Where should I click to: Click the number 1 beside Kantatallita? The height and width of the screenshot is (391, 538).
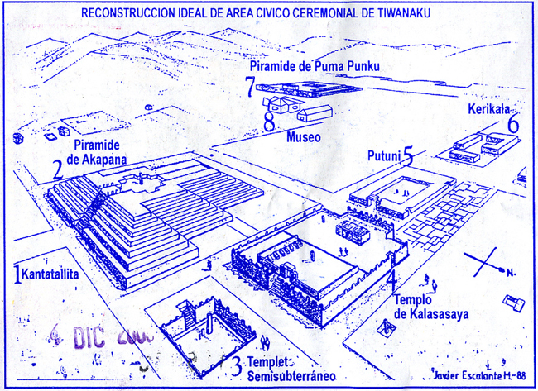click(17, 272)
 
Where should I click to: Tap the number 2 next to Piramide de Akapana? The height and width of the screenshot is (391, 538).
click(56, 169)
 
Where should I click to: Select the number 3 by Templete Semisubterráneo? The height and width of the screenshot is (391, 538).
click(236, 365)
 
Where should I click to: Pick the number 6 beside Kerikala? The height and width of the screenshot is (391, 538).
click(513, 125)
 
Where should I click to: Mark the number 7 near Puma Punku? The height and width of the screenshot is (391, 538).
click(251, 86)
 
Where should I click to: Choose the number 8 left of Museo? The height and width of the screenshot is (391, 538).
click(269, 123)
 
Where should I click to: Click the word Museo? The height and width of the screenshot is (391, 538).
click(304, 137)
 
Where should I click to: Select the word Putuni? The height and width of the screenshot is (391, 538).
click(383, 155)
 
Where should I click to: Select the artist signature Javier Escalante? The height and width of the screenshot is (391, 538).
click(471, 376)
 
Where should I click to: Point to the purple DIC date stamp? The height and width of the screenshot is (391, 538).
click(100, 336)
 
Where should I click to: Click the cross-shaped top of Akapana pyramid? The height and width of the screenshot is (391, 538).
click(147, 180)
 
